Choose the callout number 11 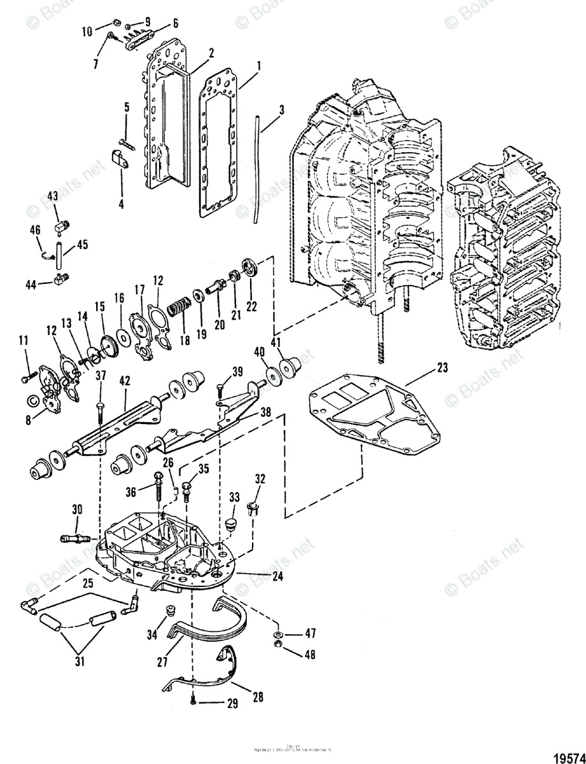tap(24, 341)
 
